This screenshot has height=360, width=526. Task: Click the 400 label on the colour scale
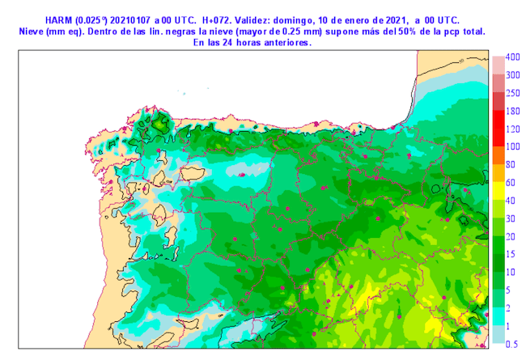[x=512, y=57]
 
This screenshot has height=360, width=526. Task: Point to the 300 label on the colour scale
[x=512, y=75]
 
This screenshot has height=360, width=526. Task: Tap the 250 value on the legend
[x=512, y=93]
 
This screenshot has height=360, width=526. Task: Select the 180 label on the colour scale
[x=512, y=111]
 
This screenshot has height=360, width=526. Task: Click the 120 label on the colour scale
[x=512, y=129]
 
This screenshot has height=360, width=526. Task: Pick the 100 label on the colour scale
[x=512, y=146]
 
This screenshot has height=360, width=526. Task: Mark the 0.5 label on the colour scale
[x=511, y=343]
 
